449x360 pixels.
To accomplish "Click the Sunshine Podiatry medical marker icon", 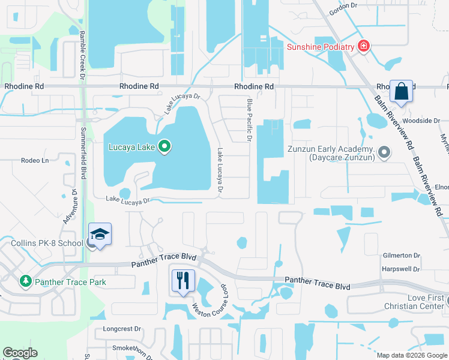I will click(363, 46).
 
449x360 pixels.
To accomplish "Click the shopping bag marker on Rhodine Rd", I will click(401, 92).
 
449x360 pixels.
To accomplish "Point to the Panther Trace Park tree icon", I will click(25, 281).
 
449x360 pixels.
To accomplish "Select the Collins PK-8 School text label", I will click(46, 243).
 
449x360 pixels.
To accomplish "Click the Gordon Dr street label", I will click(343, 13).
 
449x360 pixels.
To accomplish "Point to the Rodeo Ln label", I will click(34, 160).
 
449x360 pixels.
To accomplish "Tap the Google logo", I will click(20, 353).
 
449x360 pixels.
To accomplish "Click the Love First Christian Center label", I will click(424, 302).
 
